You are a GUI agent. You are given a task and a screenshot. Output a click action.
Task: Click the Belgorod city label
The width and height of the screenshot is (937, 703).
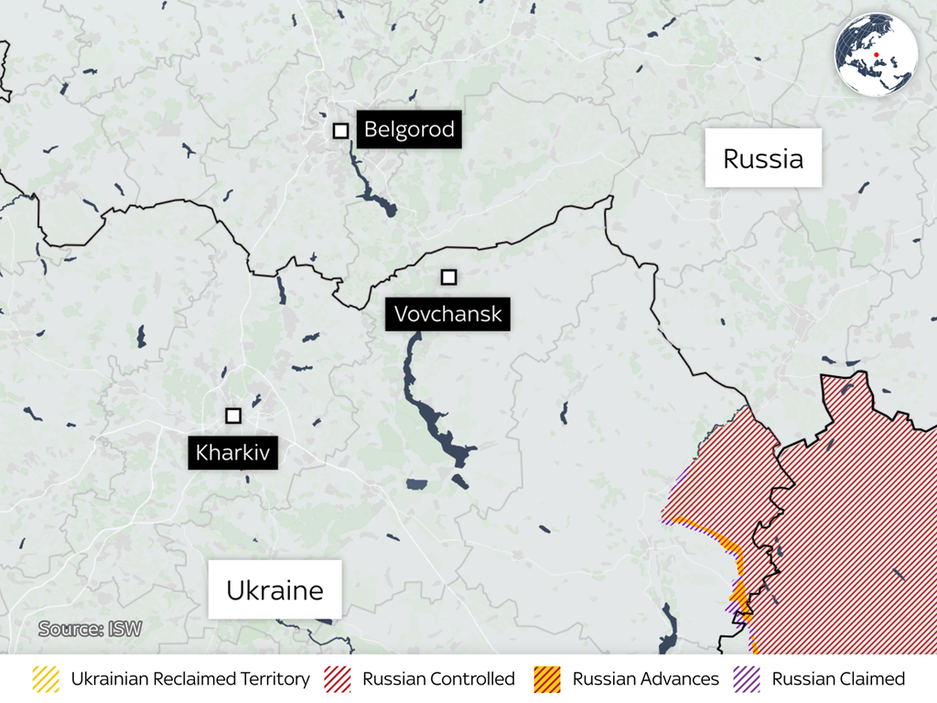(408, 129)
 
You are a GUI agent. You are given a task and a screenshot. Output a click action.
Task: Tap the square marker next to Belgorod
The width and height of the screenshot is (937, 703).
(340, 131)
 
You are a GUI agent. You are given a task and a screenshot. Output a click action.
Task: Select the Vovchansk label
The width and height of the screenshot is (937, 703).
(447, 314)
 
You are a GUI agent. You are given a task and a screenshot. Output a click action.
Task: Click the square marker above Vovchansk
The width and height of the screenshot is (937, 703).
(448, 277)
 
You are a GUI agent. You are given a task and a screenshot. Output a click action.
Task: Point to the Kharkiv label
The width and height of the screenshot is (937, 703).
(233, 452)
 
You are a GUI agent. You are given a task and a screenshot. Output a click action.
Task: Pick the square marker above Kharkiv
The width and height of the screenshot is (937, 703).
(233, 416)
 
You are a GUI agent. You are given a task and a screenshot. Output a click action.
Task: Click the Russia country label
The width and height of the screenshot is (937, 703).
(763, 158)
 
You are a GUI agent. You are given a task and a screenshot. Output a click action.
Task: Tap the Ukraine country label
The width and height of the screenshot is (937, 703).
(275, 589)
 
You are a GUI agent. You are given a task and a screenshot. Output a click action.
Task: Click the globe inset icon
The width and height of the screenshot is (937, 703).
(876, 54)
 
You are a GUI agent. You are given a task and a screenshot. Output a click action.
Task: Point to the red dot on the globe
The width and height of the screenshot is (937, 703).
(877, 55)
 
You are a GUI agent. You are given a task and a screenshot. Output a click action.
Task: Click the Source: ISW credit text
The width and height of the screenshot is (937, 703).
(90, 629)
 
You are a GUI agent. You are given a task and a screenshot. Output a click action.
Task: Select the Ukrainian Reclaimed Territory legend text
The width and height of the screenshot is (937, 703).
(190, 679)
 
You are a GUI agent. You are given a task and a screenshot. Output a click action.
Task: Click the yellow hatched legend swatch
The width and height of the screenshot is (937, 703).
(46, 679)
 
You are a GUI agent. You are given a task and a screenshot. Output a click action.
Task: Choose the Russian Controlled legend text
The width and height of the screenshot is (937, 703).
(438, 679)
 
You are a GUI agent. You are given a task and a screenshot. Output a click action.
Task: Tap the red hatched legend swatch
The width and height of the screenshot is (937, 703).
(338, 679)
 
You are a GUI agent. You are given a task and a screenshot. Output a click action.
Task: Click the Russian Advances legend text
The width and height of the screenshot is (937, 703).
(645, 679)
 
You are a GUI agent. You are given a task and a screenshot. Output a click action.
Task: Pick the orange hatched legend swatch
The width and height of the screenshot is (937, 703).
(547, 679)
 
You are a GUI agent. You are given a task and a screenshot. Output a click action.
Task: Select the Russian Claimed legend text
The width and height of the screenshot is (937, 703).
(838, 679)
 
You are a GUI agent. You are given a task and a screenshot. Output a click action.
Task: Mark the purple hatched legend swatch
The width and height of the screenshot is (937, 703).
(748, 679)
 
